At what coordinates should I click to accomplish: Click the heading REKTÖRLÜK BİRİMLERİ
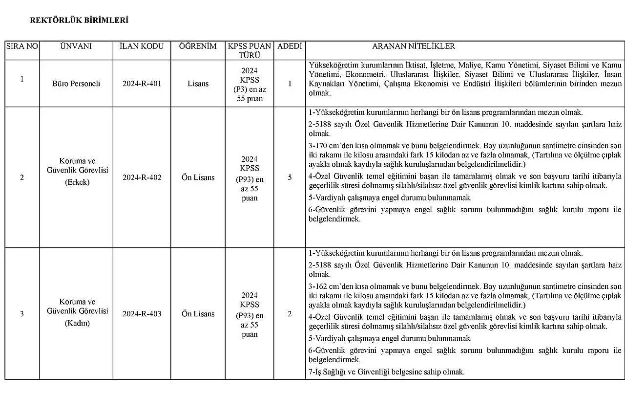pyautogui.click(x=79, y=21)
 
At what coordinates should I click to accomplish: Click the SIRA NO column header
pyautogui.click(x=22, y=46)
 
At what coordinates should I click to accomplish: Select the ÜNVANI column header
pyautogui.click(x=76, y=46)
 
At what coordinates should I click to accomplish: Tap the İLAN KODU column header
pyautogui.click(x=142, y=46)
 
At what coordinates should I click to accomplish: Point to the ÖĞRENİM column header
pyautogui.click(x=198, y=46)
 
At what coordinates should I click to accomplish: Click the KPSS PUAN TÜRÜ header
pyautogui.click(x=250, y=51)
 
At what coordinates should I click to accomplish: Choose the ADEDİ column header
pyautogui.click(x=290, y=46)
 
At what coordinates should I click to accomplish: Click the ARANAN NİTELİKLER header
pyautogui.click(x=414, y=46)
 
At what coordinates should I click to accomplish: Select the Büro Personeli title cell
pyautogui.click(x=76, y=84)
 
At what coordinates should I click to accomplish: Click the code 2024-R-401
pyautogui.click(x=142, y=84)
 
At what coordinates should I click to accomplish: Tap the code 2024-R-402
pyautogui.click(x=142, y=177)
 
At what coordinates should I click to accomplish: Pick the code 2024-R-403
pyautogui.click(x=142, y=314)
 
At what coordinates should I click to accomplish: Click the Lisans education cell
pyautogui.click(x=198, y=84)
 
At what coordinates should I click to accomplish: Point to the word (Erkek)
pyautogui.click(x=77, y=182)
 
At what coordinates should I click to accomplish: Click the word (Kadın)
pyautogui.click(x=77, y=323)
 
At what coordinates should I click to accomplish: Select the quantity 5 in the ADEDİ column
pyautogui.click(x=290, y=177)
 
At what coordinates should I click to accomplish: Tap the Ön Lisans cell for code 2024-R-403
pyautogui.click(x=198, y=314)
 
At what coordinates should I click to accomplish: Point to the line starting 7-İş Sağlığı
pyautogui.click(x=386, y=372)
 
